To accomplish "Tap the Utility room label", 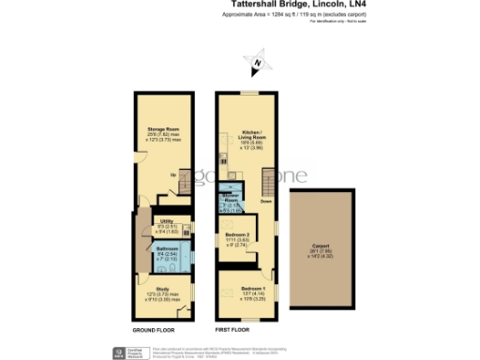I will (166, 220).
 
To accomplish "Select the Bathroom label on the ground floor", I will (167, 247).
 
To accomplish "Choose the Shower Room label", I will (230, 199).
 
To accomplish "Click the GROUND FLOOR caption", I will (151, 331).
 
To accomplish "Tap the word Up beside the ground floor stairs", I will (172, 174).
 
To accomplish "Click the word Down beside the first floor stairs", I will (266, 201).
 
